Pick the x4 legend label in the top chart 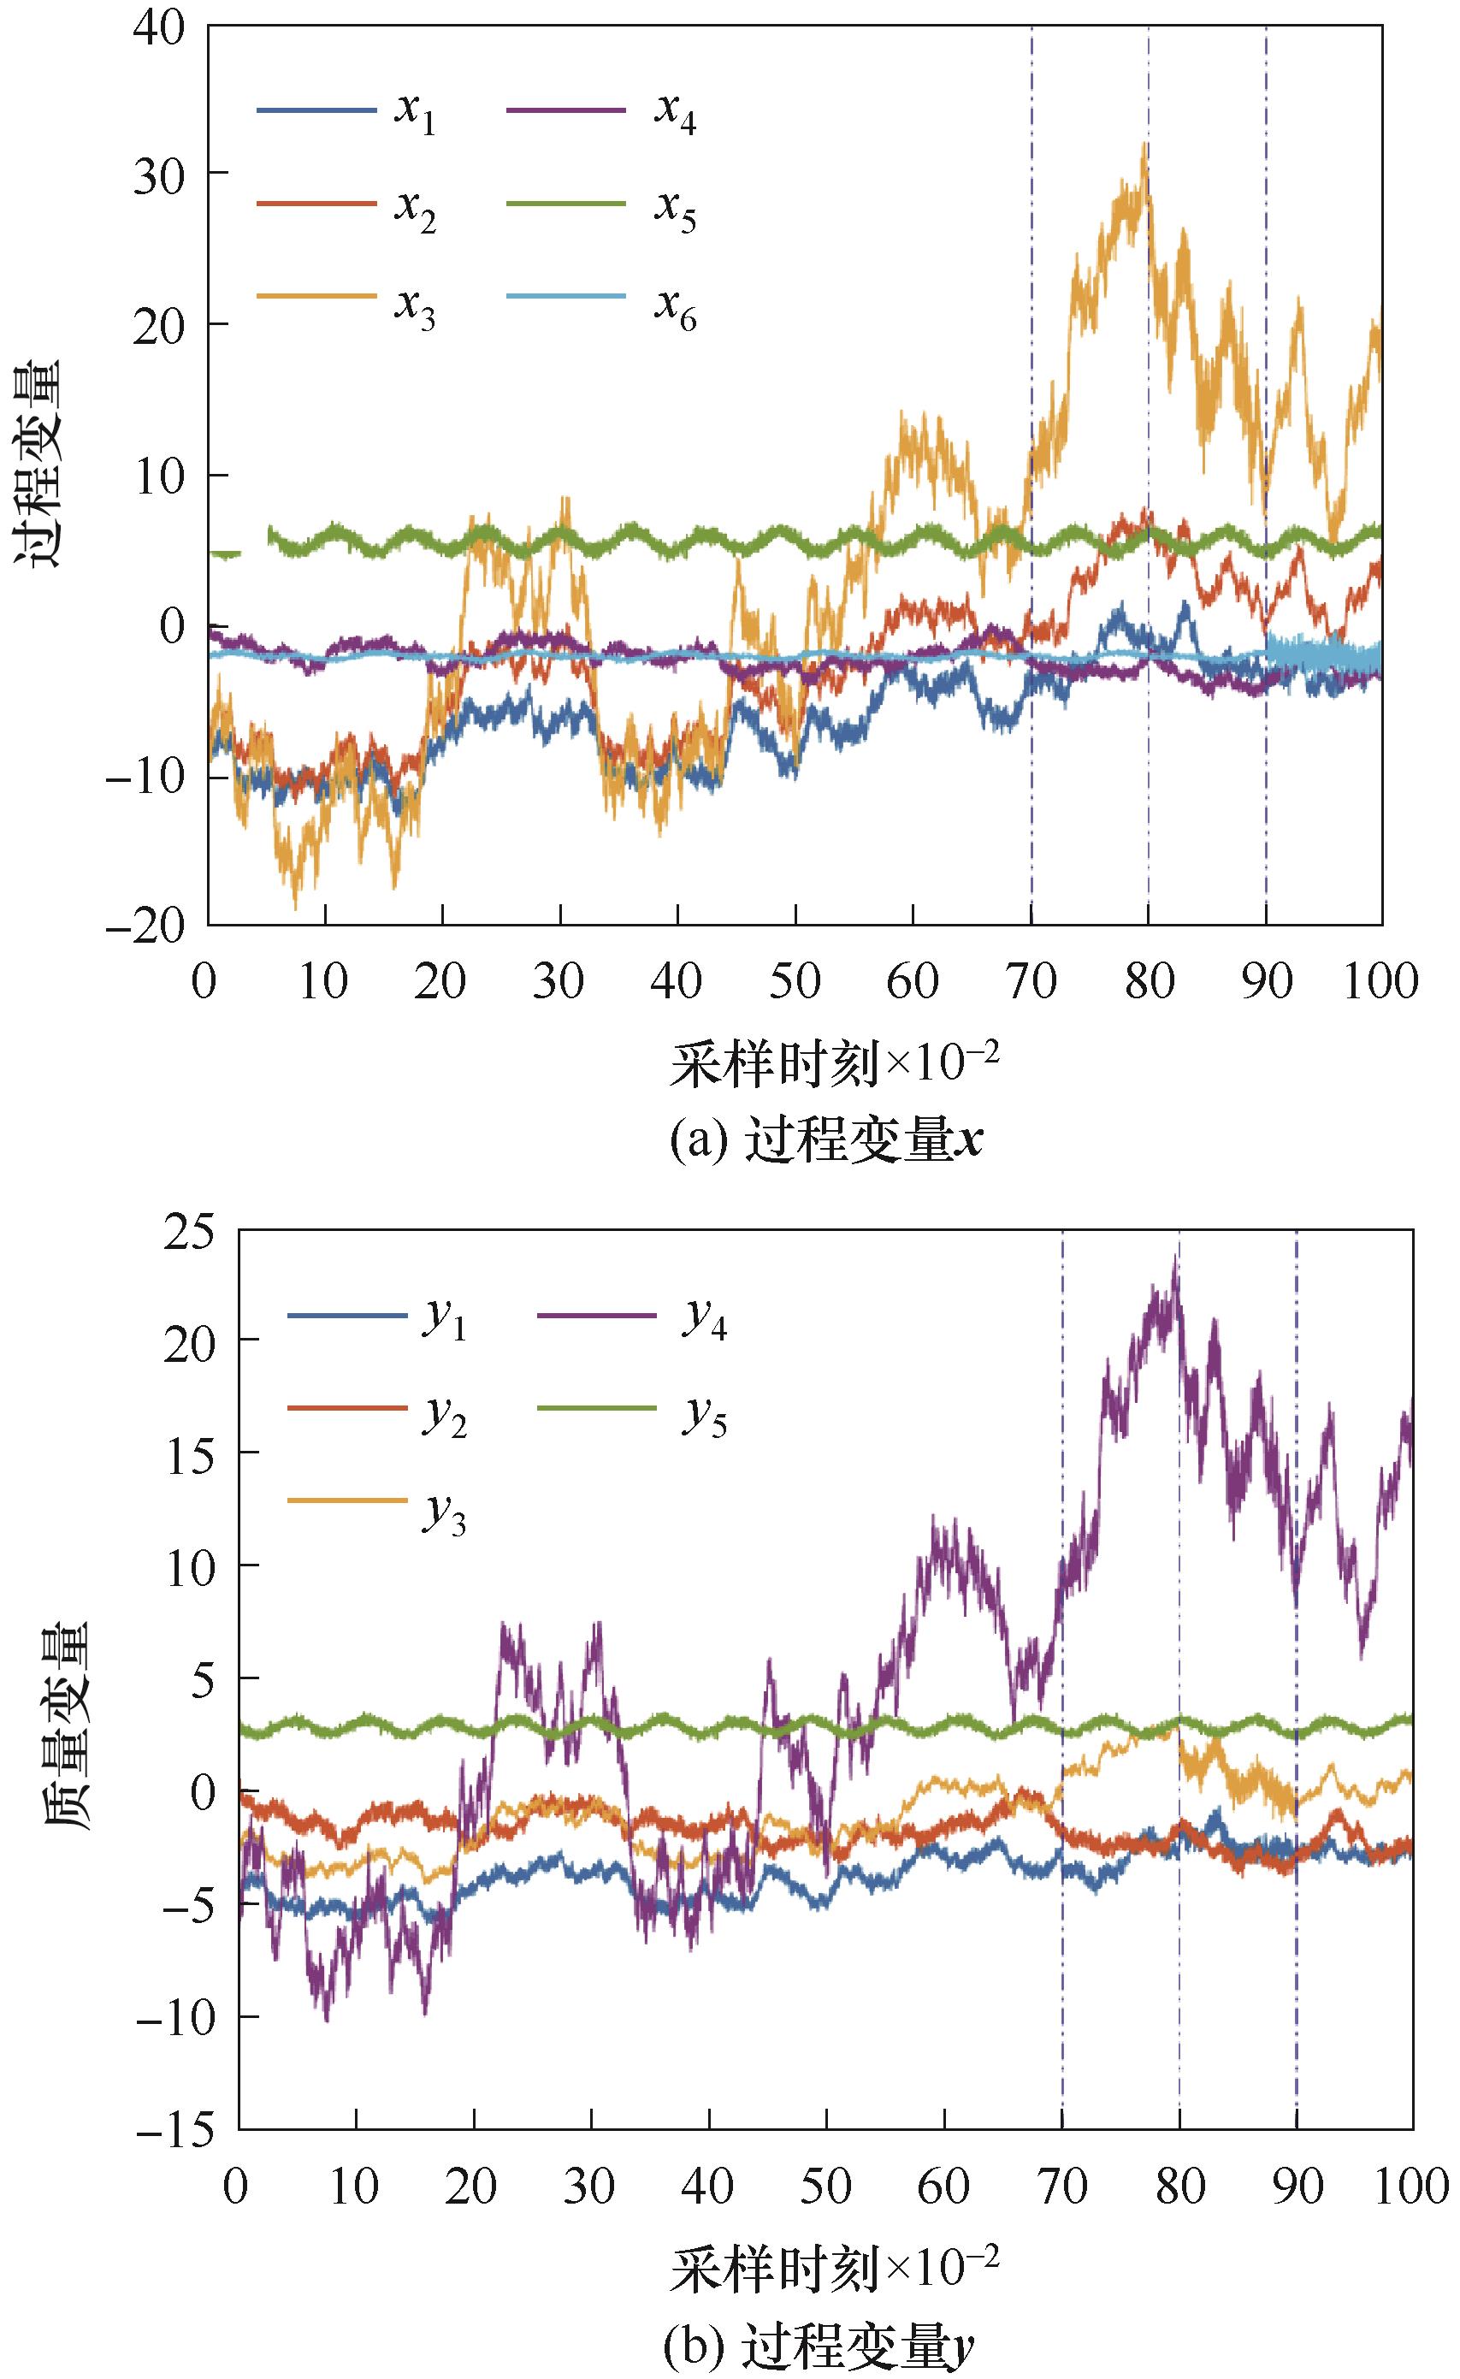675,113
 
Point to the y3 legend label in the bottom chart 444,1516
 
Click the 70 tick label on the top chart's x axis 1031,982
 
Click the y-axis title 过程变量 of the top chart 37,464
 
